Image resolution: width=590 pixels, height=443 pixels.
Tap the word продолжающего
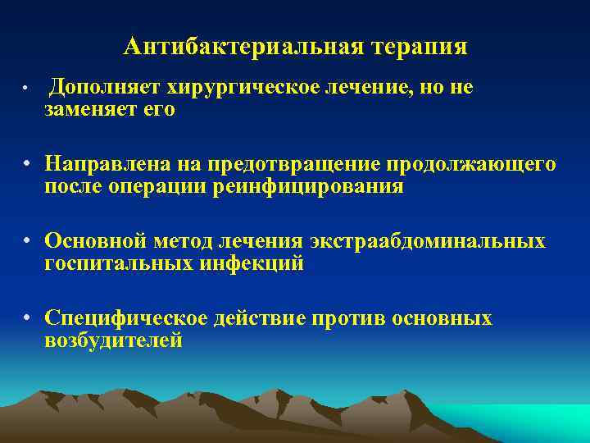click(474, 165)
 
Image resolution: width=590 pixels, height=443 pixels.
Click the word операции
click(171, 186)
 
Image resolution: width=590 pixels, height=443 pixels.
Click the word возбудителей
click(113, 340)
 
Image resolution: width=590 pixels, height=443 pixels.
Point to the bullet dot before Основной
click(27, 241)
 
